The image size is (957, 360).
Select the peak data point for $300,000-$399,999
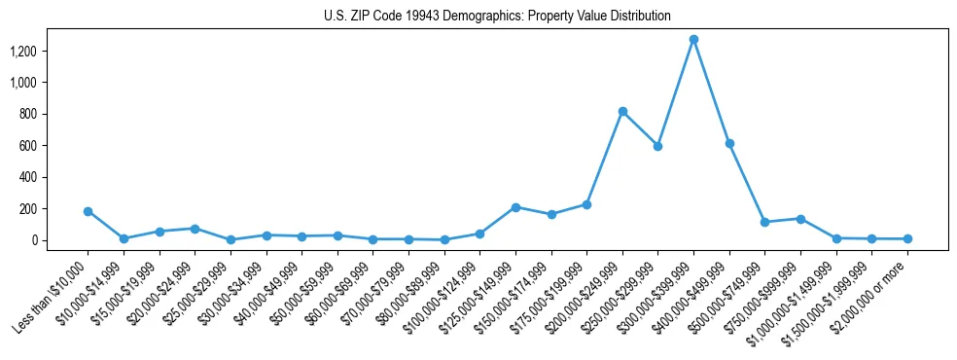pyautogui.click(x=693, y=40)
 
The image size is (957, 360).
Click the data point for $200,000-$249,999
pyautogui.click(x=622, y=111)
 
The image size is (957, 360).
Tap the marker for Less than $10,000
pyautogui.click(x=89, y=211)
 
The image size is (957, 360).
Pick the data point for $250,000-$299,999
pyautogui.click(x=658, y=146)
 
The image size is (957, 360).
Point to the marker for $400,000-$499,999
pyautogui.click(x=729, y=143)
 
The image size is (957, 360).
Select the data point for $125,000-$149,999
pyautogui.click(x=515, y=207)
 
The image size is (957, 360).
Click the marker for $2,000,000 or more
pyautogui.click(x=907, y=238)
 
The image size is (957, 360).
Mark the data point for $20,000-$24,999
pyautogui.click(x=195, y=229)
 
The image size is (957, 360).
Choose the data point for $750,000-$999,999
pyautogui.click(x=800, y=219)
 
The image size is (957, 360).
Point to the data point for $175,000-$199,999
pyautogui.click(x=586, y=204)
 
